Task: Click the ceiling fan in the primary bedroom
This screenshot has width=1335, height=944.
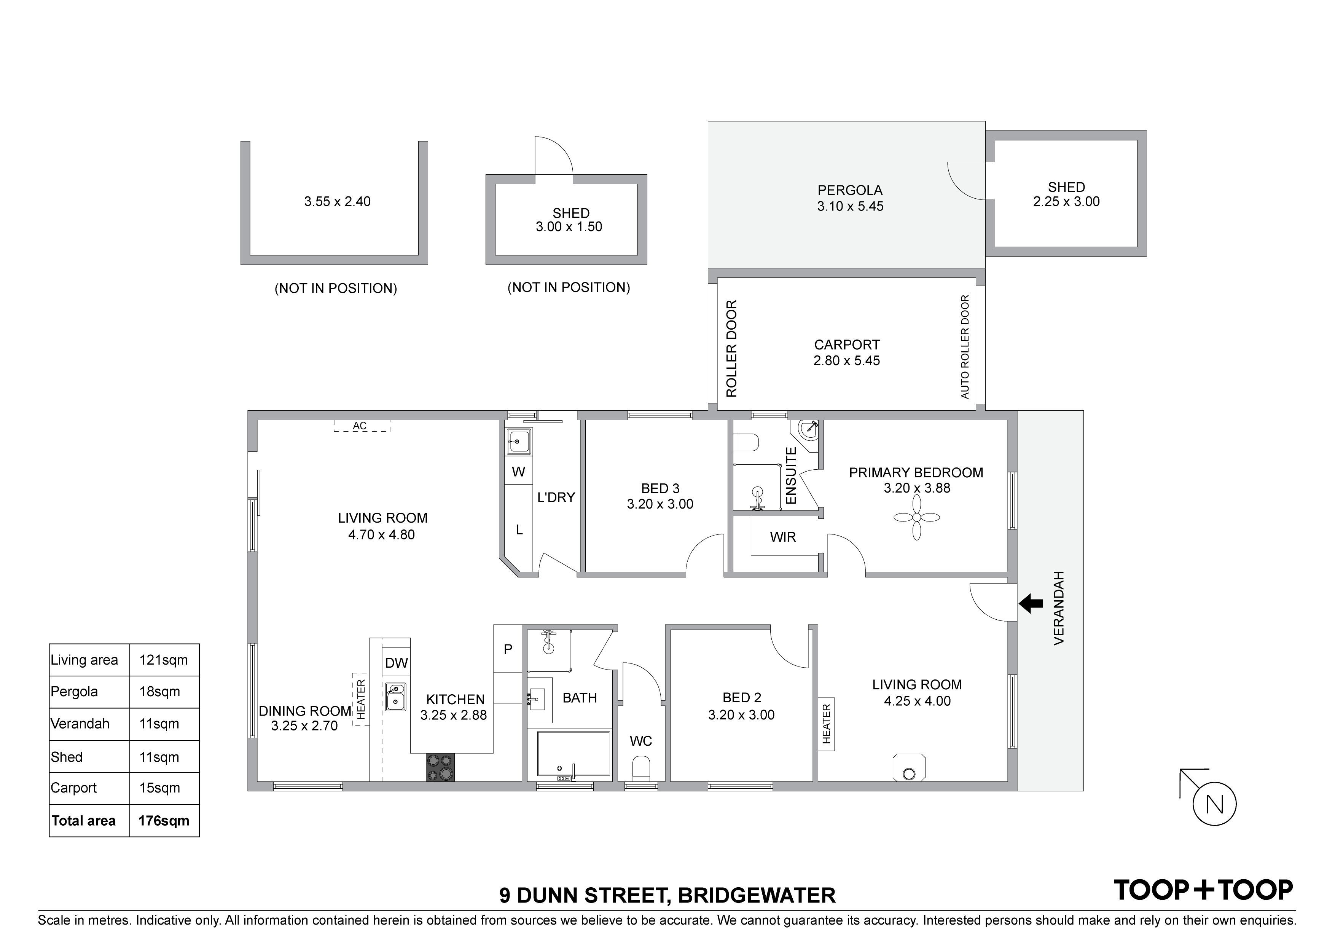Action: point(916,518)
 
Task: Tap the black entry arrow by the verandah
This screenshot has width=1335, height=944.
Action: point(1031,603)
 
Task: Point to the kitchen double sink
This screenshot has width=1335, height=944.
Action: point(396,696)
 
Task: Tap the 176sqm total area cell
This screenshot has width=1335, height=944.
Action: point(164,821)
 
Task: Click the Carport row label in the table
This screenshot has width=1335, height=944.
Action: point(74,788)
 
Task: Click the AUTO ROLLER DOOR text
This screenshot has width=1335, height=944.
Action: point(965,347)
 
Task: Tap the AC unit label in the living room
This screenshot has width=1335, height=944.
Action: point(360,426)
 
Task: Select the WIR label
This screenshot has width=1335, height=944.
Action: point(783,537)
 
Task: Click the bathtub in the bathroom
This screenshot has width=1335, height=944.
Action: point(573,754)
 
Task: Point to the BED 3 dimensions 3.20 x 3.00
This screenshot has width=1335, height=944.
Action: point(660,504)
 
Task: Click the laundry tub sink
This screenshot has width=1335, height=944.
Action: point(518,442)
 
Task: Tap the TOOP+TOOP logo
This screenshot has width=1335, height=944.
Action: point(1203,890)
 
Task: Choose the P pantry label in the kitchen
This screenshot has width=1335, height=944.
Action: point(508,649)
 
